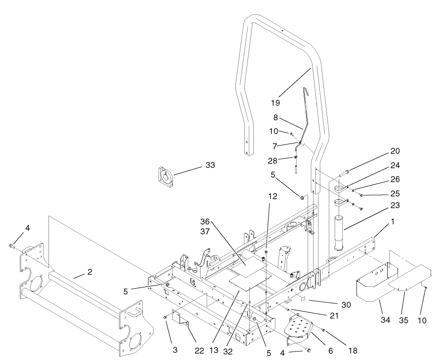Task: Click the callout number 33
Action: point(210,165)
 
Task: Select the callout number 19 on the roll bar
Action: point(275,103)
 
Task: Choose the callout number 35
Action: point(404,321)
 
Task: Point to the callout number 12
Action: point(273,196)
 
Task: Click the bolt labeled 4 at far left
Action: point(11,246)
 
